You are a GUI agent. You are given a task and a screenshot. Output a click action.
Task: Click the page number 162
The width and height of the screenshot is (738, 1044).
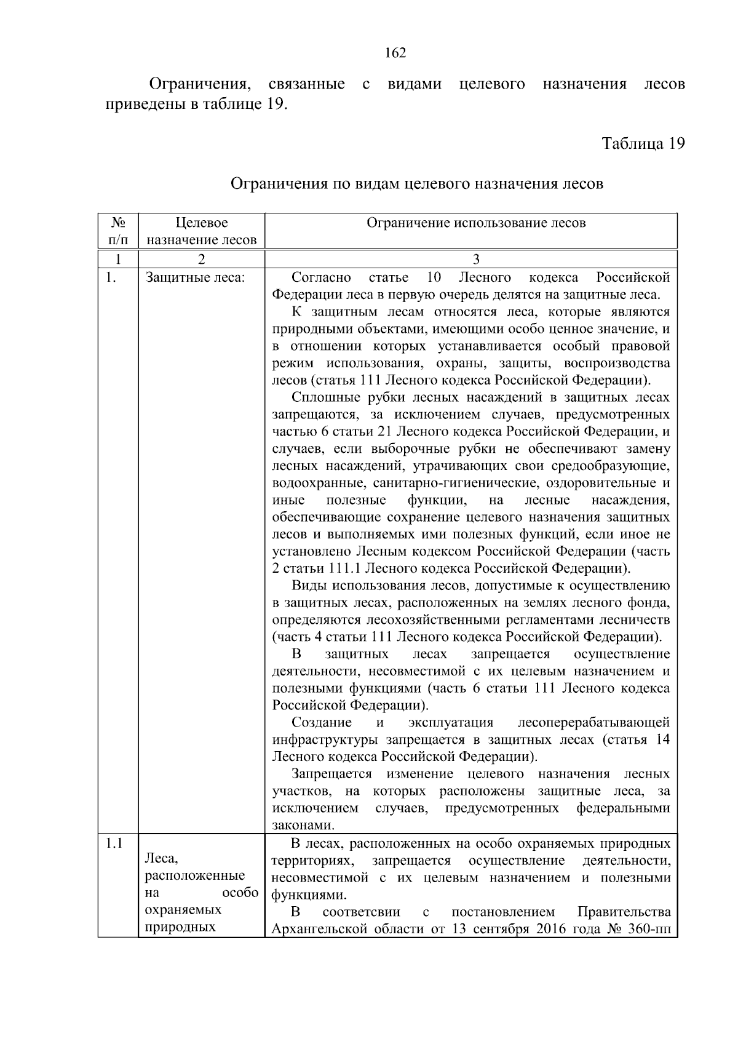click(x=395, y=54)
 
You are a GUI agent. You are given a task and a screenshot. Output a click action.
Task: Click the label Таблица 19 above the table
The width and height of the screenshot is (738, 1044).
click(x=643, y=144)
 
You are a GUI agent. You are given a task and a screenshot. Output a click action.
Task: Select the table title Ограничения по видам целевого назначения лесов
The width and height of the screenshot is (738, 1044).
click(x=416, y=184)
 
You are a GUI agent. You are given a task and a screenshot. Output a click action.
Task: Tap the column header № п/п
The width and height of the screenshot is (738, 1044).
click(x=117, y=231)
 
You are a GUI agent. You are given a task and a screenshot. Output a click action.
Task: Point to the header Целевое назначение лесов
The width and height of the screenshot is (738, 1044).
click(x=202, y=231)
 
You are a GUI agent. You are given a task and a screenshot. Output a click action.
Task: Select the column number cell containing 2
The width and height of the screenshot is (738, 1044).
click(x=200, y=258)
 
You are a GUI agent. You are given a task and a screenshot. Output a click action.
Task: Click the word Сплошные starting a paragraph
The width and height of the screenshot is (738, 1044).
click(x=322, y=397)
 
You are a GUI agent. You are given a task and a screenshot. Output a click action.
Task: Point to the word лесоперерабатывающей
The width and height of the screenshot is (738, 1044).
click(x=593, y=722)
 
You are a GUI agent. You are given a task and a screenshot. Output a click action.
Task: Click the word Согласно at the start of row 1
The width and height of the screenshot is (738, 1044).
click(x=321, y=277)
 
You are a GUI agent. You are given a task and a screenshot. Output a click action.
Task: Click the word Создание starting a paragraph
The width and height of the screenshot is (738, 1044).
click(x=321, y=722)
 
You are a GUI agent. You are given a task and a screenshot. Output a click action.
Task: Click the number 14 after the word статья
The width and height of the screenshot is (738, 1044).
click(x=662, y=739)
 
